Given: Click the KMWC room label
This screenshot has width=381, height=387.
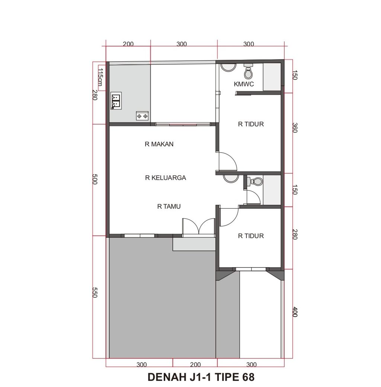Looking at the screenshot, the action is click(x=244, y=84).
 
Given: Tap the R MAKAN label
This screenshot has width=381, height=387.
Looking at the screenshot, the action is click(x=159, y=144).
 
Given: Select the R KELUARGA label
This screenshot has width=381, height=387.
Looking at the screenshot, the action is click(x=166, y=178).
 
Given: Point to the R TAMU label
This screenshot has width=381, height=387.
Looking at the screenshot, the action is click(x=169, y=206).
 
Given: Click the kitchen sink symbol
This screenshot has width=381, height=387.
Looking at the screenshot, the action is click(x=116, y=101).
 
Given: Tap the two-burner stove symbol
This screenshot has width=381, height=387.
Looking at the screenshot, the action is click(x=143, y=116).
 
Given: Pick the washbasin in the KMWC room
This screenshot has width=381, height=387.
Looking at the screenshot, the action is click(x=228, y=67).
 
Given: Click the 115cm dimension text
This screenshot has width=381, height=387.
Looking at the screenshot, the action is click(x=100, y=77).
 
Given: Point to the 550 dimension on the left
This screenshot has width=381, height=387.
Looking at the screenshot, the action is click(x=95, y=292).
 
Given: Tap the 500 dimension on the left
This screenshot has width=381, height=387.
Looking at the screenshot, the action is click(x=95, y=179).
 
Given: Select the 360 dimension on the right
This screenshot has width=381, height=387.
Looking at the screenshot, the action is click(x=295, y=128).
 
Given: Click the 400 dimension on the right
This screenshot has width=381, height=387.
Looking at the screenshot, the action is click(x=295, y=312).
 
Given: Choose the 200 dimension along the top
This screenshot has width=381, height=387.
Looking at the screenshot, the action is click(x=128, y=44).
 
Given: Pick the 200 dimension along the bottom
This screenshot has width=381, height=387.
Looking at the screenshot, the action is click(x=195, y=365).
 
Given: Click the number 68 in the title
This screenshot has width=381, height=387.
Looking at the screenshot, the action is click(x=248, y=377).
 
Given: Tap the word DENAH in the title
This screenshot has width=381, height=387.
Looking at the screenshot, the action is click(x=167, y=377).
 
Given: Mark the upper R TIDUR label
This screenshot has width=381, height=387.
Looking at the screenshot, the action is click(x=251, y=124).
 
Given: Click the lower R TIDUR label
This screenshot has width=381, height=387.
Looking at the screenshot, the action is click(x=251, y=236).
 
